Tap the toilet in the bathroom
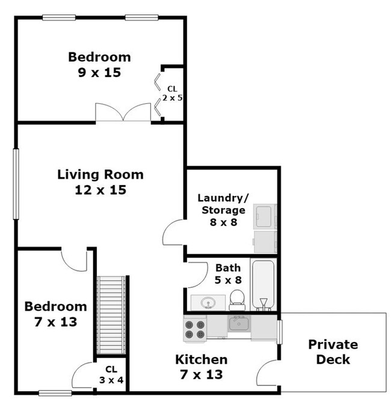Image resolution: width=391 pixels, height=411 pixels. (236, 298)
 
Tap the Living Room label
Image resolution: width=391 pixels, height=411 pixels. (100, 175)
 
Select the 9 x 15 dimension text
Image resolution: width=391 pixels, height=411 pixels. (99, 72)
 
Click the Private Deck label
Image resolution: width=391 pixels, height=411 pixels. (333, 352)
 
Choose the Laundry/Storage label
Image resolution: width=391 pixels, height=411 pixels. (222, 204)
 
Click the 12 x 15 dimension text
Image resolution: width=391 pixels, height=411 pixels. (100, 190)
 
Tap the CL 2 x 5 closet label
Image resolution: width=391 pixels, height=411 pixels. (172, 93)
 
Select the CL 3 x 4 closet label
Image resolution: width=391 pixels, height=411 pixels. (111, 374)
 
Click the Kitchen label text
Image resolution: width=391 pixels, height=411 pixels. (201, 360)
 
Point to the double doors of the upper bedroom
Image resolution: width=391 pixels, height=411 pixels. (123, 113)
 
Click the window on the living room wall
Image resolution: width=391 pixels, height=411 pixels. (16, 183)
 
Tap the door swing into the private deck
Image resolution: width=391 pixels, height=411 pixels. (268, 373)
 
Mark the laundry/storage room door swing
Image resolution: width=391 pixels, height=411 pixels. (175, 231)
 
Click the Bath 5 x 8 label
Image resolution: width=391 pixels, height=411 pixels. (228, 273)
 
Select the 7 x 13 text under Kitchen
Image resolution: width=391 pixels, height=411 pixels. (201, 375)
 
